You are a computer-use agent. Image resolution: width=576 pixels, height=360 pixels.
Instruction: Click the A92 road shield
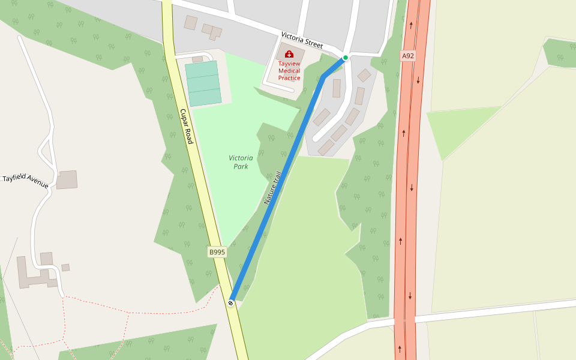pos(408,56)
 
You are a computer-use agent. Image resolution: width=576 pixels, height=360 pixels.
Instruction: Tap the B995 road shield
pos(217,252)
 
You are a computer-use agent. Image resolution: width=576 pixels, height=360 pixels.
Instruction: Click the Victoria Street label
pos(302,41)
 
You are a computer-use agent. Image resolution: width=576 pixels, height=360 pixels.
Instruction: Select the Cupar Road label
pos(186,126)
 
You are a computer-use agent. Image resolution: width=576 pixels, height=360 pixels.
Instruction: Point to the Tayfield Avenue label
pos(25,181)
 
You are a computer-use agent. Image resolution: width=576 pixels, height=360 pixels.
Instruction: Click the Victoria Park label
pos(241,162)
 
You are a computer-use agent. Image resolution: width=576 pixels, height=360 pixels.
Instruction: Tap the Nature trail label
pos(273,188)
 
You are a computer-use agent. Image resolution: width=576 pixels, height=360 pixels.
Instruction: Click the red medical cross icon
pos(289,54)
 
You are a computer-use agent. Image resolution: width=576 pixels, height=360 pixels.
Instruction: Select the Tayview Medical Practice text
pos(289,71)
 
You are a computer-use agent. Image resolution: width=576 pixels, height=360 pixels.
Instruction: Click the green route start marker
pos(346,58)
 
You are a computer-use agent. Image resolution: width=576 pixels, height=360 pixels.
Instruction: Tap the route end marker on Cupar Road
pos(231,302)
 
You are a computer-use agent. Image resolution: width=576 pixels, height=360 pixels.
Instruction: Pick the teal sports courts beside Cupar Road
pos(203,83)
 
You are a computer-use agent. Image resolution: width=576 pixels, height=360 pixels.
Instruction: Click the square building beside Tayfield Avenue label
pos(67,179)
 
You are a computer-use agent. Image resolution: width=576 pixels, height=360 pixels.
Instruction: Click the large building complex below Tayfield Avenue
pos(36,273)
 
